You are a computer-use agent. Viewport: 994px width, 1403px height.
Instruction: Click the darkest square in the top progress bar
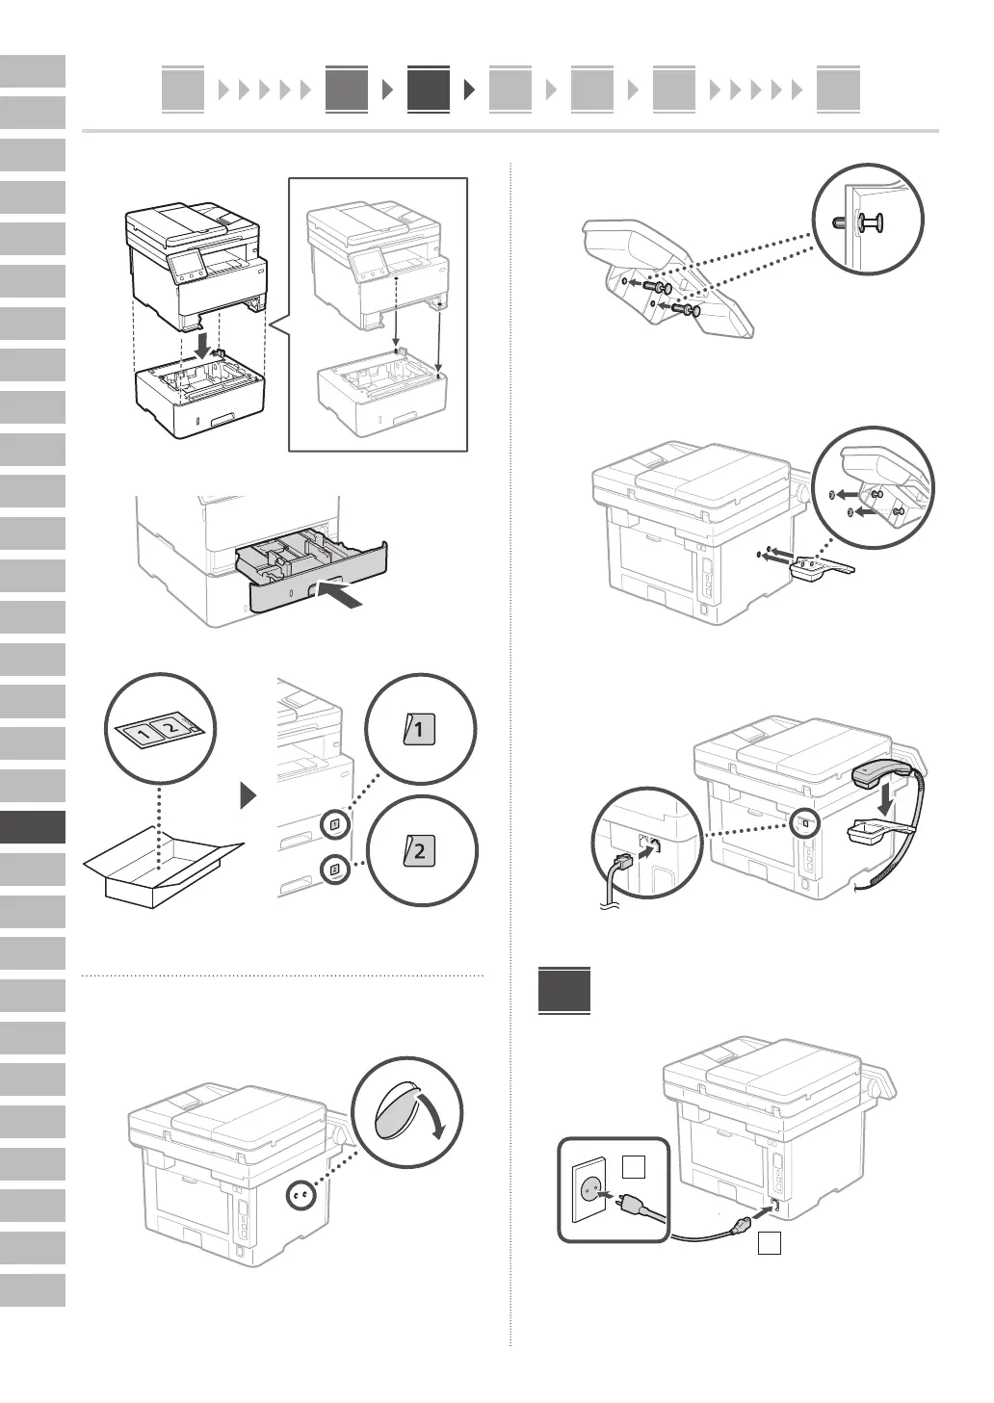pos(428,90)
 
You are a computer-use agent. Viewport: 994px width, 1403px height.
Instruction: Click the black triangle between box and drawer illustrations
pos(249,796)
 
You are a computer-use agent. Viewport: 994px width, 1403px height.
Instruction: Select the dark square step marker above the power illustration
pos(564,989)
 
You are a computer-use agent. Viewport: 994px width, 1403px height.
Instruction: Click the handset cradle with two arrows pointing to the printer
pos(817,567)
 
